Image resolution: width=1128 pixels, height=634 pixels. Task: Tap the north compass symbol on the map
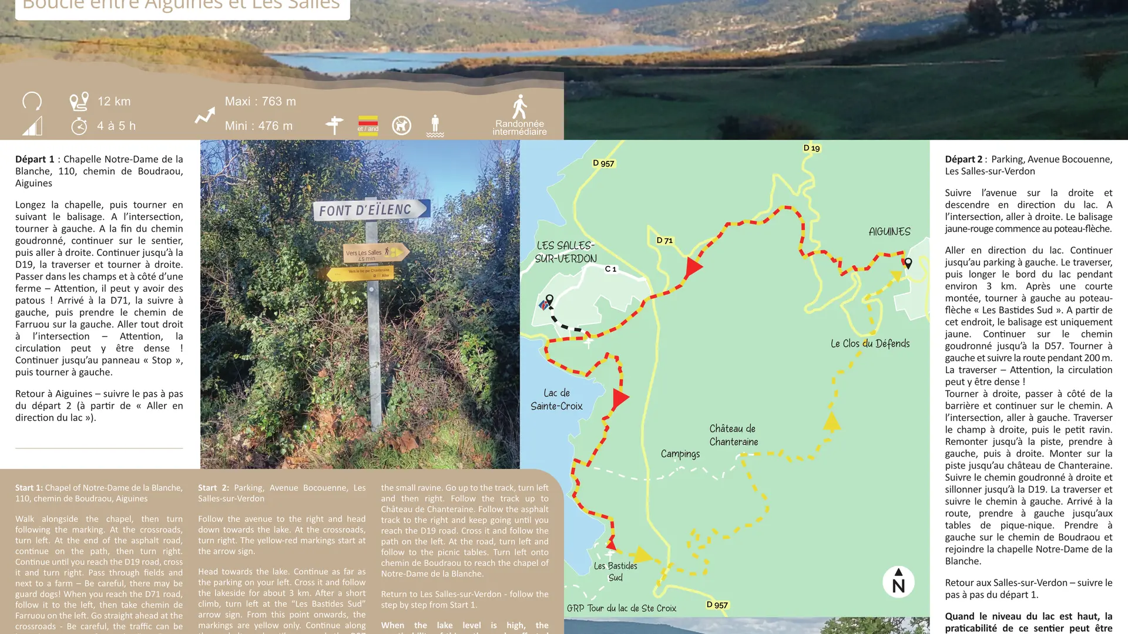(x=898, y=581)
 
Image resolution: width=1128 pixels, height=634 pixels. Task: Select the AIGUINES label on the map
(x=889, y=232)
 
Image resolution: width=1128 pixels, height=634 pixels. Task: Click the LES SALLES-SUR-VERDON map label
(x=566, y=252)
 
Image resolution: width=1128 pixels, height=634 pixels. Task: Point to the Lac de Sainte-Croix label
(x=556, y=399)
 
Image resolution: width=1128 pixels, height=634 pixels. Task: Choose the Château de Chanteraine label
(x=733, y=435)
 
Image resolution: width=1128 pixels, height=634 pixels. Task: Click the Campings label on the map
(x=680, y=454)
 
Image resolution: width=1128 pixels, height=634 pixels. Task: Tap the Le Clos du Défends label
(x=869, y=343)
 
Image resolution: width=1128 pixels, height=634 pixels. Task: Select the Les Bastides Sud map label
(x=615, y=571)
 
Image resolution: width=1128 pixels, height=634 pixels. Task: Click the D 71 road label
(x=664, y=240)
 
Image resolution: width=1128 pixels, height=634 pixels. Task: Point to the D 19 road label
(x=811, y=148)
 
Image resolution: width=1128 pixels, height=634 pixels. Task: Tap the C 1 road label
(x=611, y=269)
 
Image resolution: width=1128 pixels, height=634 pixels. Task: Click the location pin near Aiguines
(x=908, y=264)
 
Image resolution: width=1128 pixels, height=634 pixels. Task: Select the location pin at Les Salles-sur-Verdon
(x=549, y=299)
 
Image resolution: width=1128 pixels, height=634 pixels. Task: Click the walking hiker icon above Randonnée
(x=519, y=107)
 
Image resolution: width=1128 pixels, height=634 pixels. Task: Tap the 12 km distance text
(x=114, y=102)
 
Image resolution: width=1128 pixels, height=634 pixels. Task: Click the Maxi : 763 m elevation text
(x=260, y=102)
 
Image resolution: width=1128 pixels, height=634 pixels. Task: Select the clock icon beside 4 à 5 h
(x=79, y=126)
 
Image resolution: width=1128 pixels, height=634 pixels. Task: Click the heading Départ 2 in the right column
(x=963, y=159)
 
